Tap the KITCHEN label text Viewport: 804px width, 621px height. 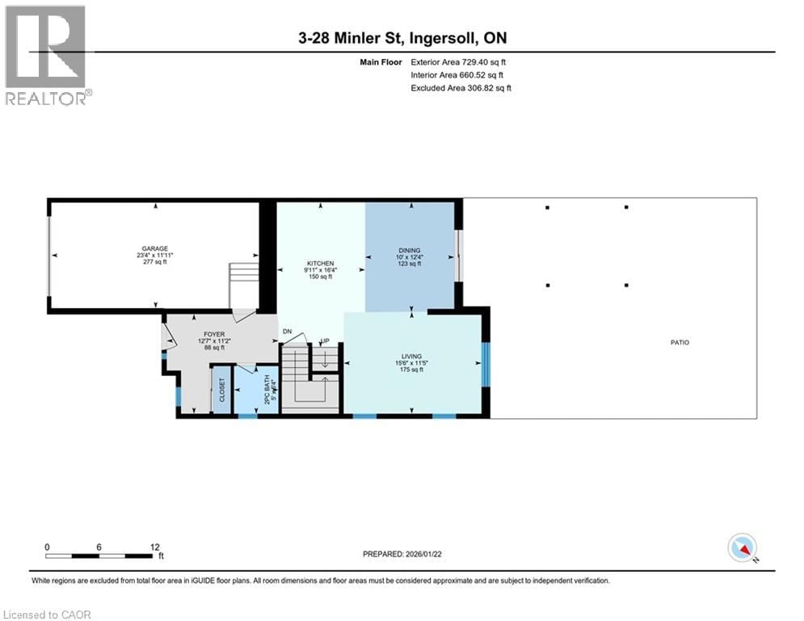pyautogui.click(x=319, y=263)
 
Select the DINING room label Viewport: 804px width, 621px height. pyautogui.click(x=410, y=250)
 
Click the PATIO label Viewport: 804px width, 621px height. pyautogui.click(x=680, y=342)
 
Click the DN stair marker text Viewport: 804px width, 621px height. pyautogui.click(x=287, y=332)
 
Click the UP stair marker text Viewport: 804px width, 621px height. pyautogui.click(x=325, y=341)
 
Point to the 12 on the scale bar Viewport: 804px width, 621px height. pyautogui.click(x=155, y=547)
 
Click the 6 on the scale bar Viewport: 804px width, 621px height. pyautogui.click(x=99, y=547)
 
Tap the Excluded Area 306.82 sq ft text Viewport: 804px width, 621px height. pyautogui.click(x=461, y=87)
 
